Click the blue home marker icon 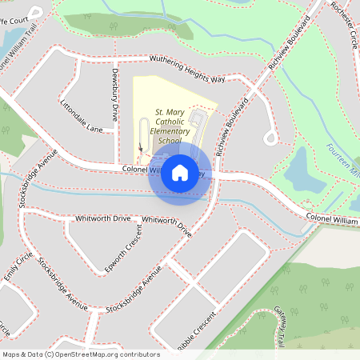click(x=180, y=172)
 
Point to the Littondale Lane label click(x=81, y=117)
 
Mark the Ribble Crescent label click(x=198, y=330)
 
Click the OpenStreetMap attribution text click(x=80, y=354)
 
